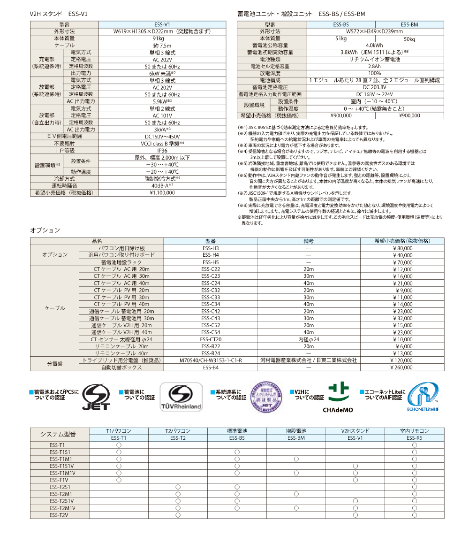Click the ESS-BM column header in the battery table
409,24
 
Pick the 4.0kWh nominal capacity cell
374,46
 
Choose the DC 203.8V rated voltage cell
374,87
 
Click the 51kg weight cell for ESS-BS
340,38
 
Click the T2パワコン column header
178,431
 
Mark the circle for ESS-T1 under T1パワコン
119,444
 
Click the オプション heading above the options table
45,230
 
